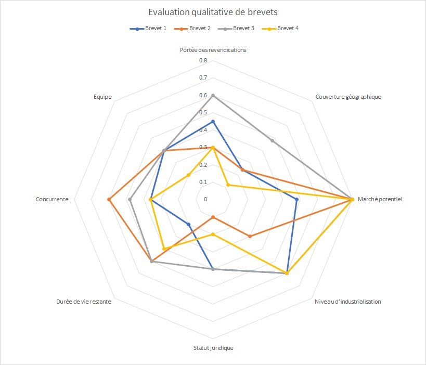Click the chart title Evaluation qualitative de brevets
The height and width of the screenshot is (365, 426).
[x=213, y=12]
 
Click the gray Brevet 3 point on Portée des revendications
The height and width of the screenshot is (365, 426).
[x=213, y=96]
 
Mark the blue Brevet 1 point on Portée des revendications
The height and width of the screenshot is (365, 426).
[x=213, y=122]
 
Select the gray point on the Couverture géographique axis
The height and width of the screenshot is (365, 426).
[x=273, y=140]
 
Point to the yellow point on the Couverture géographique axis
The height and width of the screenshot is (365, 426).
[x=227, y=185]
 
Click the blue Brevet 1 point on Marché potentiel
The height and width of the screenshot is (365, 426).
[x=296, y=199]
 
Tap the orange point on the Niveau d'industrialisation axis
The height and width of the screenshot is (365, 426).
[x=250, y=237]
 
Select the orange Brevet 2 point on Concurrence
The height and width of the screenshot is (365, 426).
[x=109, y=199]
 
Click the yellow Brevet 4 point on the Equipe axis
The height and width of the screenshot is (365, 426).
[x=188, y=175]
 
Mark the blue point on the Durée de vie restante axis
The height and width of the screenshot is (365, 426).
[x=188, y=224]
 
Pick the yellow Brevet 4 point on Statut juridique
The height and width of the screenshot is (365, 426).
[x=213, y=234]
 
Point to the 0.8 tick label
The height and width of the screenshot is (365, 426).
[x=202, y=61]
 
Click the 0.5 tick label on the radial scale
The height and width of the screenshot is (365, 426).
[x=202, y=113]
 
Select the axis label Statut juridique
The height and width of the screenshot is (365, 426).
[x=213, y=347]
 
